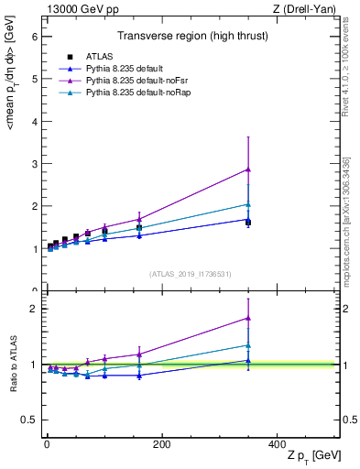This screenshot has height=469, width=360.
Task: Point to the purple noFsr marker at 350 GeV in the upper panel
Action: [248, 169]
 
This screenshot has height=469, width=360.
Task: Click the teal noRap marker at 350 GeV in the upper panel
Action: [248, 204]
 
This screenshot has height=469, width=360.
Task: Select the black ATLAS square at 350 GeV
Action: [248, 223]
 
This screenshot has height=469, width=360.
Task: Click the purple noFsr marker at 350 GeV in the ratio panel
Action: [248, 318]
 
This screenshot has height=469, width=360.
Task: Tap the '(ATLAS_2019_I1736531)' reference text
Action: [190, 274]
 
